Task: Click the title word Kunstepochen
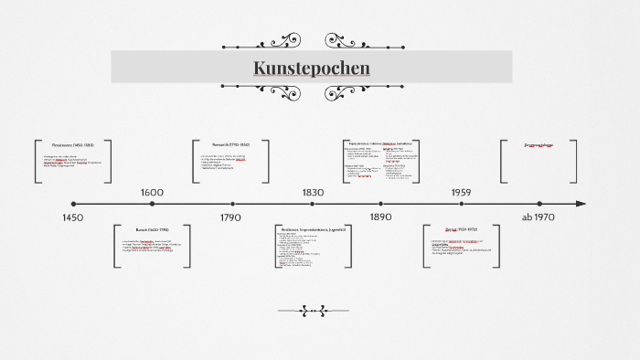tap(312, 69)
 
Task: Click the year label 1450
tap(73, 217)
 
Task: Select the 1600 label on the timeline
tap(152, 193)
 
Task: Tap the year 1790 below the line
tap(230, 217)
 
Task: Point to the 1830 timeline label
tap(313, 193)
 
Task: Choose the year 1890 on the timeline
tap(380, 217)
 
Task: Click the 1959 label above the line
tap(461, 193)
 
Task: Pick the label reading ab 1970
tap(539, 217)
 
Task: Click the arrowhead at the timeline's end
tap(580, 204)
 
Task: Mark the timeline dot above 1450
tap(73, 204)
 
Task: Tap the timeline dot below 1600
tap(152, 204)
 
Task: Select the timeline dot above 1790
tap(232, 204)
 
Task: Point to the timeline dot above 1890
tap(380, 204)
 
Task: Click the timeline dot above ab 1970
tap(539, 204)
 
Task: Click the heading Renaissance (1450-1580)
tap(73, 145)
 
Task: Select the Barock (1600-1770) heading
tap(152, 229)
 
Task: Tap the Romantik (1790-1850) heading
tap(230, 144)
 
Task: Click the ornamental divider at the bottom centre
tap(313, 311)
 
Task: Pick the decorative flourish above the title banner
tap(312, 42)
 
